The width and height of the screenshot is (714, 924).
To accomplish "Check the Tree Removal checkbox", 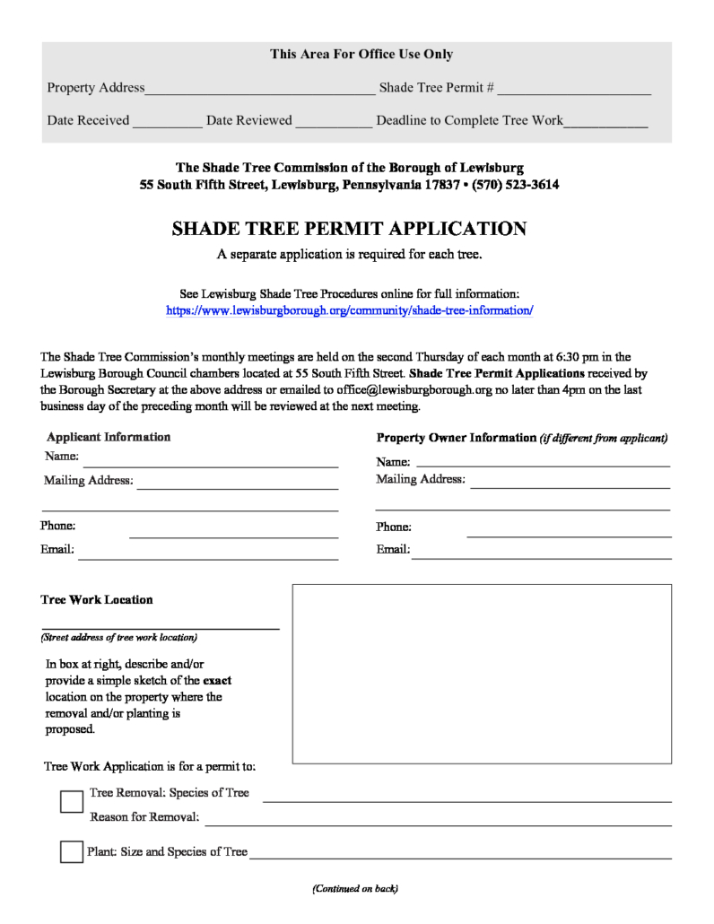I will point(72,801).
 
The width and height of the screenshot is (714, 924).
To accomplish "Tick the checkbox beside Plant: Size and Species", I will point(72,851).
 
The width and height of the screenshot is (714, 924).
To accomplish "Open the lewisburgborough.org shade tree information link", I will point(350,310).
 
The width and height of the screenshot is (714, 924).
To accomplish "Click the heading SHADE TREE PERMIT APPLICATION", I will point(349,229).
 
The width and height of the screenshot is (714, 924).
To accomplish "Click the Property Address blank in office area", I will point(260,89).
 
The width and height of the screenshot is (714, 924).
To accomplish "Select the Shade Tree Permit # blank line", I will point(574,89).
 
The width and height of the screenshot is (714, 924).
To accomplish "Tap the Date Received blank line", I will point(168,121).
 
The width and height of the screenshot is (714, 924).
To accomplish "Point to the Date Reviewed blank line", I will point(334,121).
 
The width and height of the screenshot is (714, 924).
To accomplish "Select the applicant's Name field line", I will point(211,461).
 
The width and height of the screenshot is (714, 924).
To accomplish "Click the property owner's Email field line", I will point(541,553).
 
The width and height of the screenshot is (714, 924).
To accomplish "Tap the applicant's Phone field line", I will point(233,531).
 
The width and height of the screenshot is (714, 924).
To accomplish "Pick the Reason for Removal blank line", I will point(439,819).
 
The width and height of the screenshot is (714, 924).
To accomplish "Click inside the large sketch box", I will point(482,674).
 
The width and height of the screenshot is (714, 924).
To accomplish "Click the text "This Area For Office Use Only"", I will point(361,55).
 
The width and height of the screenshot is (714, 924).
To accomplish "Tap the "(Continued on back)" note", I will point(355,889).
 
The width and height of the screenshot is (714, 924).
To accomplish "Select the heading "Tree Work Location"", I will point(97,600).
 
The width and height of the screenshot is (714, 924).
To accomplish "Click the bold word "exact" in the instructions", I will point(217,681).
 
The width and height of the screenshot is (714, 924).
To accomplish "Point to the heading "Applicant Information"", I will point(109,437).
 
